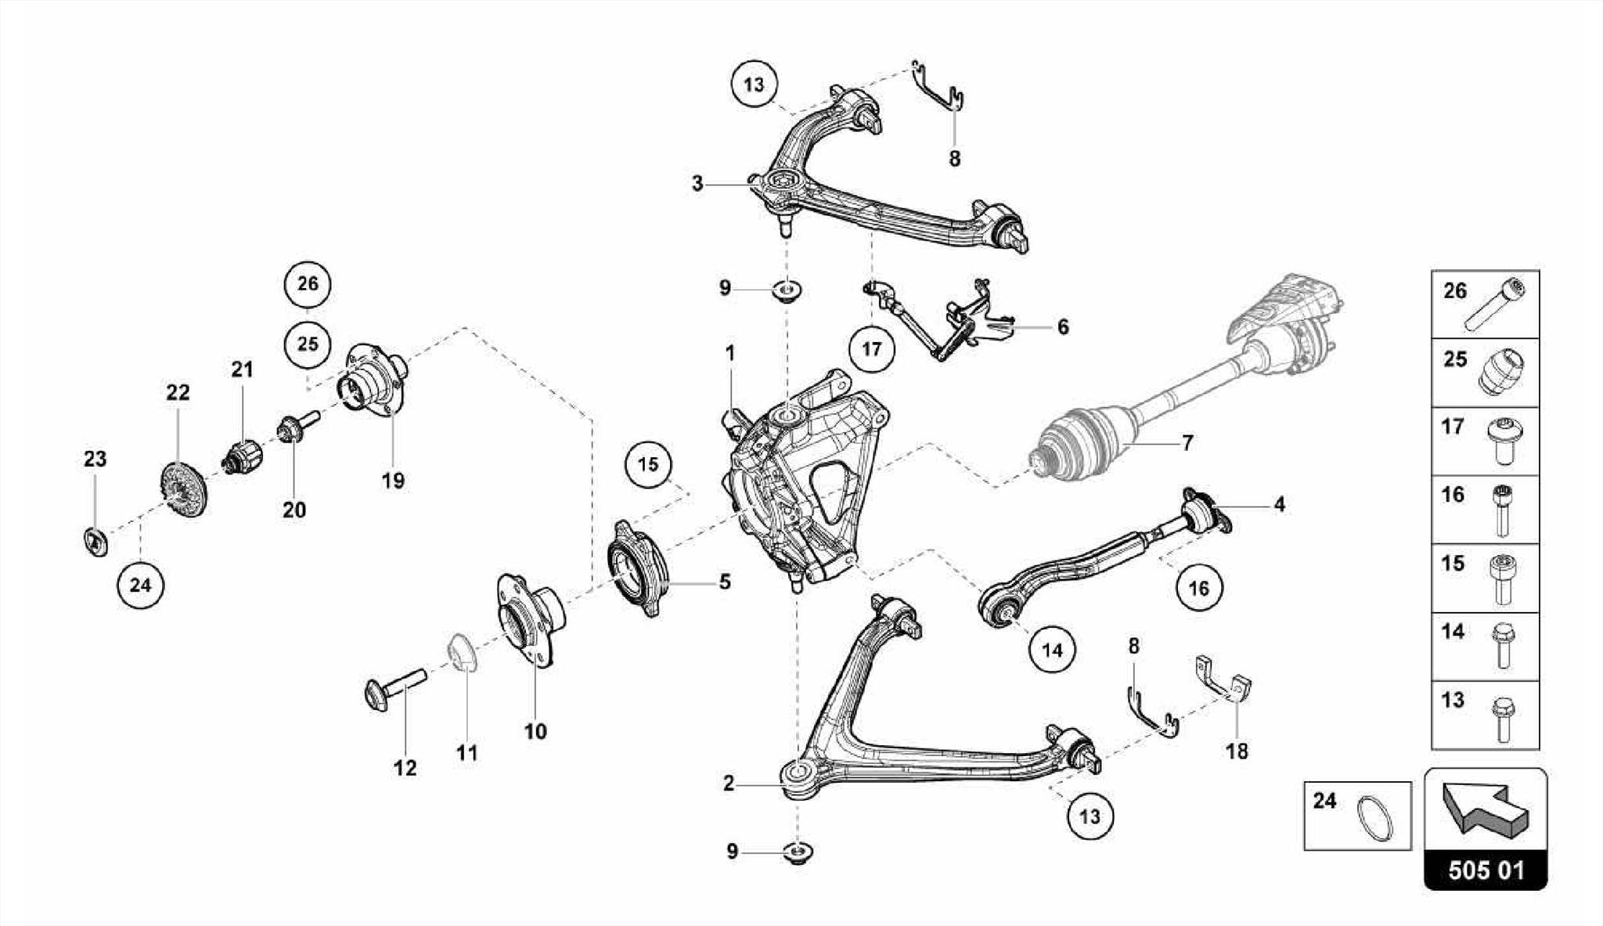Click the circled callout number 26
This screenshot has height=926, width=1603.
tap(308, 283)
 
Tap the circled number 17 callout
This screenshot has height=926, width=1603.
tap(871, 349)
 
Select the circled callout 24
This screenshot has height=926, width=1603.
tap(140, 585)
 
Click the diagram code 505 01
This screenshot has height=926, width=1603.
tap(1485, 870)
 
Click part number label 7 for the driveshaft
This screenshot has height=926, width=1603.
tap(1187, 443)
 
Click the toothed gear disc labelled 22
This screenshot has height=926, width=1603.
tap(182, 492)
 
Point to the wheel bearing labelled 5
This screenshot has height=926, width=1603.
tap(637, 568)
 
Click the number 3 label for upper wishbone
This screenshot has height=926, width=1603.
tap(697, 184)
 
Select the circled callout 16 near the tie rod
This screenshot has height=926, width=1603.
tap(1198, 587)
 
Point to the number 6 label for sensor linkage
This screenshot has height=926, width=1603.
tap(1062, 326)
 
